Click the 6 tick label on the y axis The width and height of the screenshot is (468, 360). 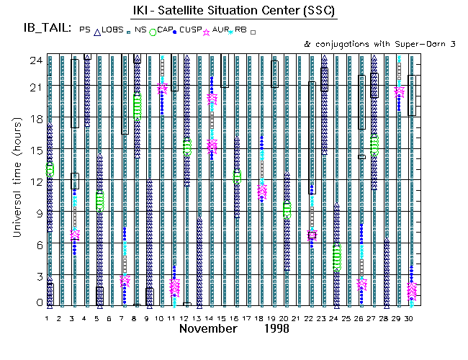coord(32,244)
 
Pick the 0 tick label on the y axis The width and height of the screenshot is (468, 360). coord(32,303)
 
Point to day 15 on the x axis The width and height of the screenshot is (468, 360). coord(224,318)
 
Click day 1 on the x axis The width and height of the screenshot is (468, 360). coord(48,318)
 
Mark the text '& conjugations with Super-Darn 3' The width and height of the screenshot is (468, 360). coord(380,44)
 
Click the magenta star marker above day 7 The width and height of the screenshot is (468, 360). coord(125,281)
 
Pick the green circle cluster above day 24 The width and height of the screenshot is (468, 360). coord(336,257)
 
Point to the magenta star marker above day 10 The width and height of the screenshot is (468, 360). coord(162,87)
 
